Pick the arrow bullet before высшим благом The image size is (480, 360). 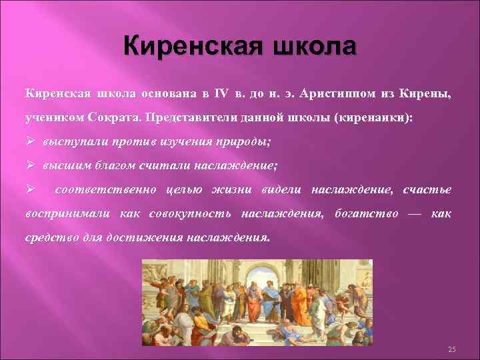coord(31,166)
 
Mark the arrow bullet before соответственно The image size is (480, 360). coord(31,190)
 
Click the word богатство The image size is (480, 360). coord(365,213)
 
